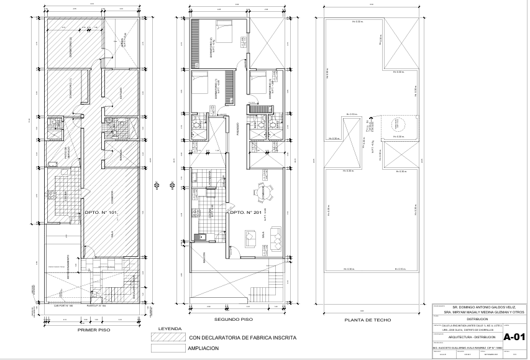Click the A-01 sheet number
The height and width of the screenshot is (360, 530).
click(514, 338)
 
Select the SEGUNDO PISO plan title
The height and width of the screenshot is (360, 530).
click(233, 320)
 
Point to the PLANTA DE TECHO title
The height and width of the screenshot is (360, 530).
click(370, 320)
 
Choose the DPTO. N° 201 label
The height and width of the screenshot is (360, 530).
click(247, 213)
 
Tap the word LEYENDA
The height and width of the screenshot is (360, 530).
click(170, 328)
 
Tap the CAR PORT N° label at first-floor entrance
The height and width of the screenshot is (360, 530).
click(63, 307)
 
